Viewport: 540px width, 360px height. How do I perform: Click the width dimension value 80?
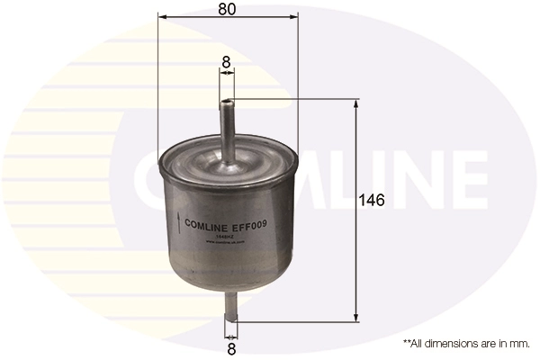coord(227,10)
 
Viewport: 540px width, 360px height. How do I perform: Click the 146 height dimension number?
coord(372,201)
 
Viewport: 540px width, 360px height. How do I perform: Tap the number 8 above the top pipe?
coord(227,63)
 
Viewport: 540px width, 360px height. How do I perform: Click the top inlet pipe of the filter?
coord(228,126)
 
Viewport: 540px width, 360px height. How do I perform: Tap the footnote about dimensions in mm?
coord(466,344)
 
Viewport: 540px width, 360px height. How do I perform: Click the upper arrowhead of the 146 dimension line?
coord(357,103)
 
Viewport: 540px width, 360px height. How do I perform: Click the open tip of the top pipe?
coord(228,101)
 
